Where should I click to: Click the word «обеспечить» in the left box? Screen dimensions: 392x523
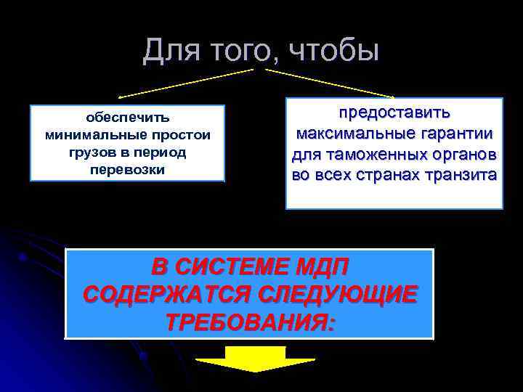(x=128, y=116)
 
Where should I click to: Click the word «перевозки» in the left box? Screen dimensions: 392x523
(x=128, y=170)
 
